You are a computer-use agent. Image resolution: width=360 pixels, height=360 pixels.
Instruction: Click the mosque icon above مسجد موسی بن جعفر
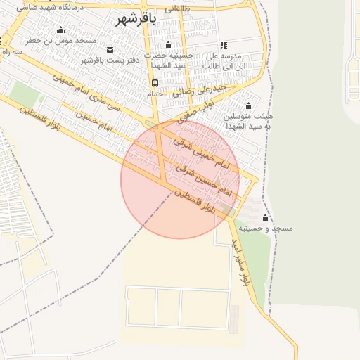click(60, 30)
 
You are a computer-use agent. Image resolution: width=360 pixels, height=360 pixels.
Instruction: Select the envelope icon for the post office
click(110, 49)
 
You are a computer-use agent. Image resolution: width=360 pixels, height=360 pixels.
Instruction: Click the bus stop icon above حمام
click(155, 83)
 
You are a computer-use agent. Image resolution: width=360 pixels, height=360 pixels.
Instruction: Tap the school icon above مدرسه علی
click(224, 45)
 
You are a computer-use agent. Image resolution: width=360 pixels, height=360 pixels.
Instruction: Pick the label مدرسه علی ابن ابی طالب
click(224, 60)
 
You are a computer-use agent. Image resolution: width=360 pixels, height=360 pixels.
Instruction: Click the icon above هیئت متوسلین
click(247, 105)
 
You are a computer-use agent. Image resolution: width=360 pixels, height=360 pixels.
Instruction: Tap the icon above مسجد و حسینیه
click(264, 217)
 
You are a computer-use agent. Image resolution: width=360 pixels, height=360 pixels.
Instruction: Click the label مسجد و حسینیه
click(264, 229)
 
